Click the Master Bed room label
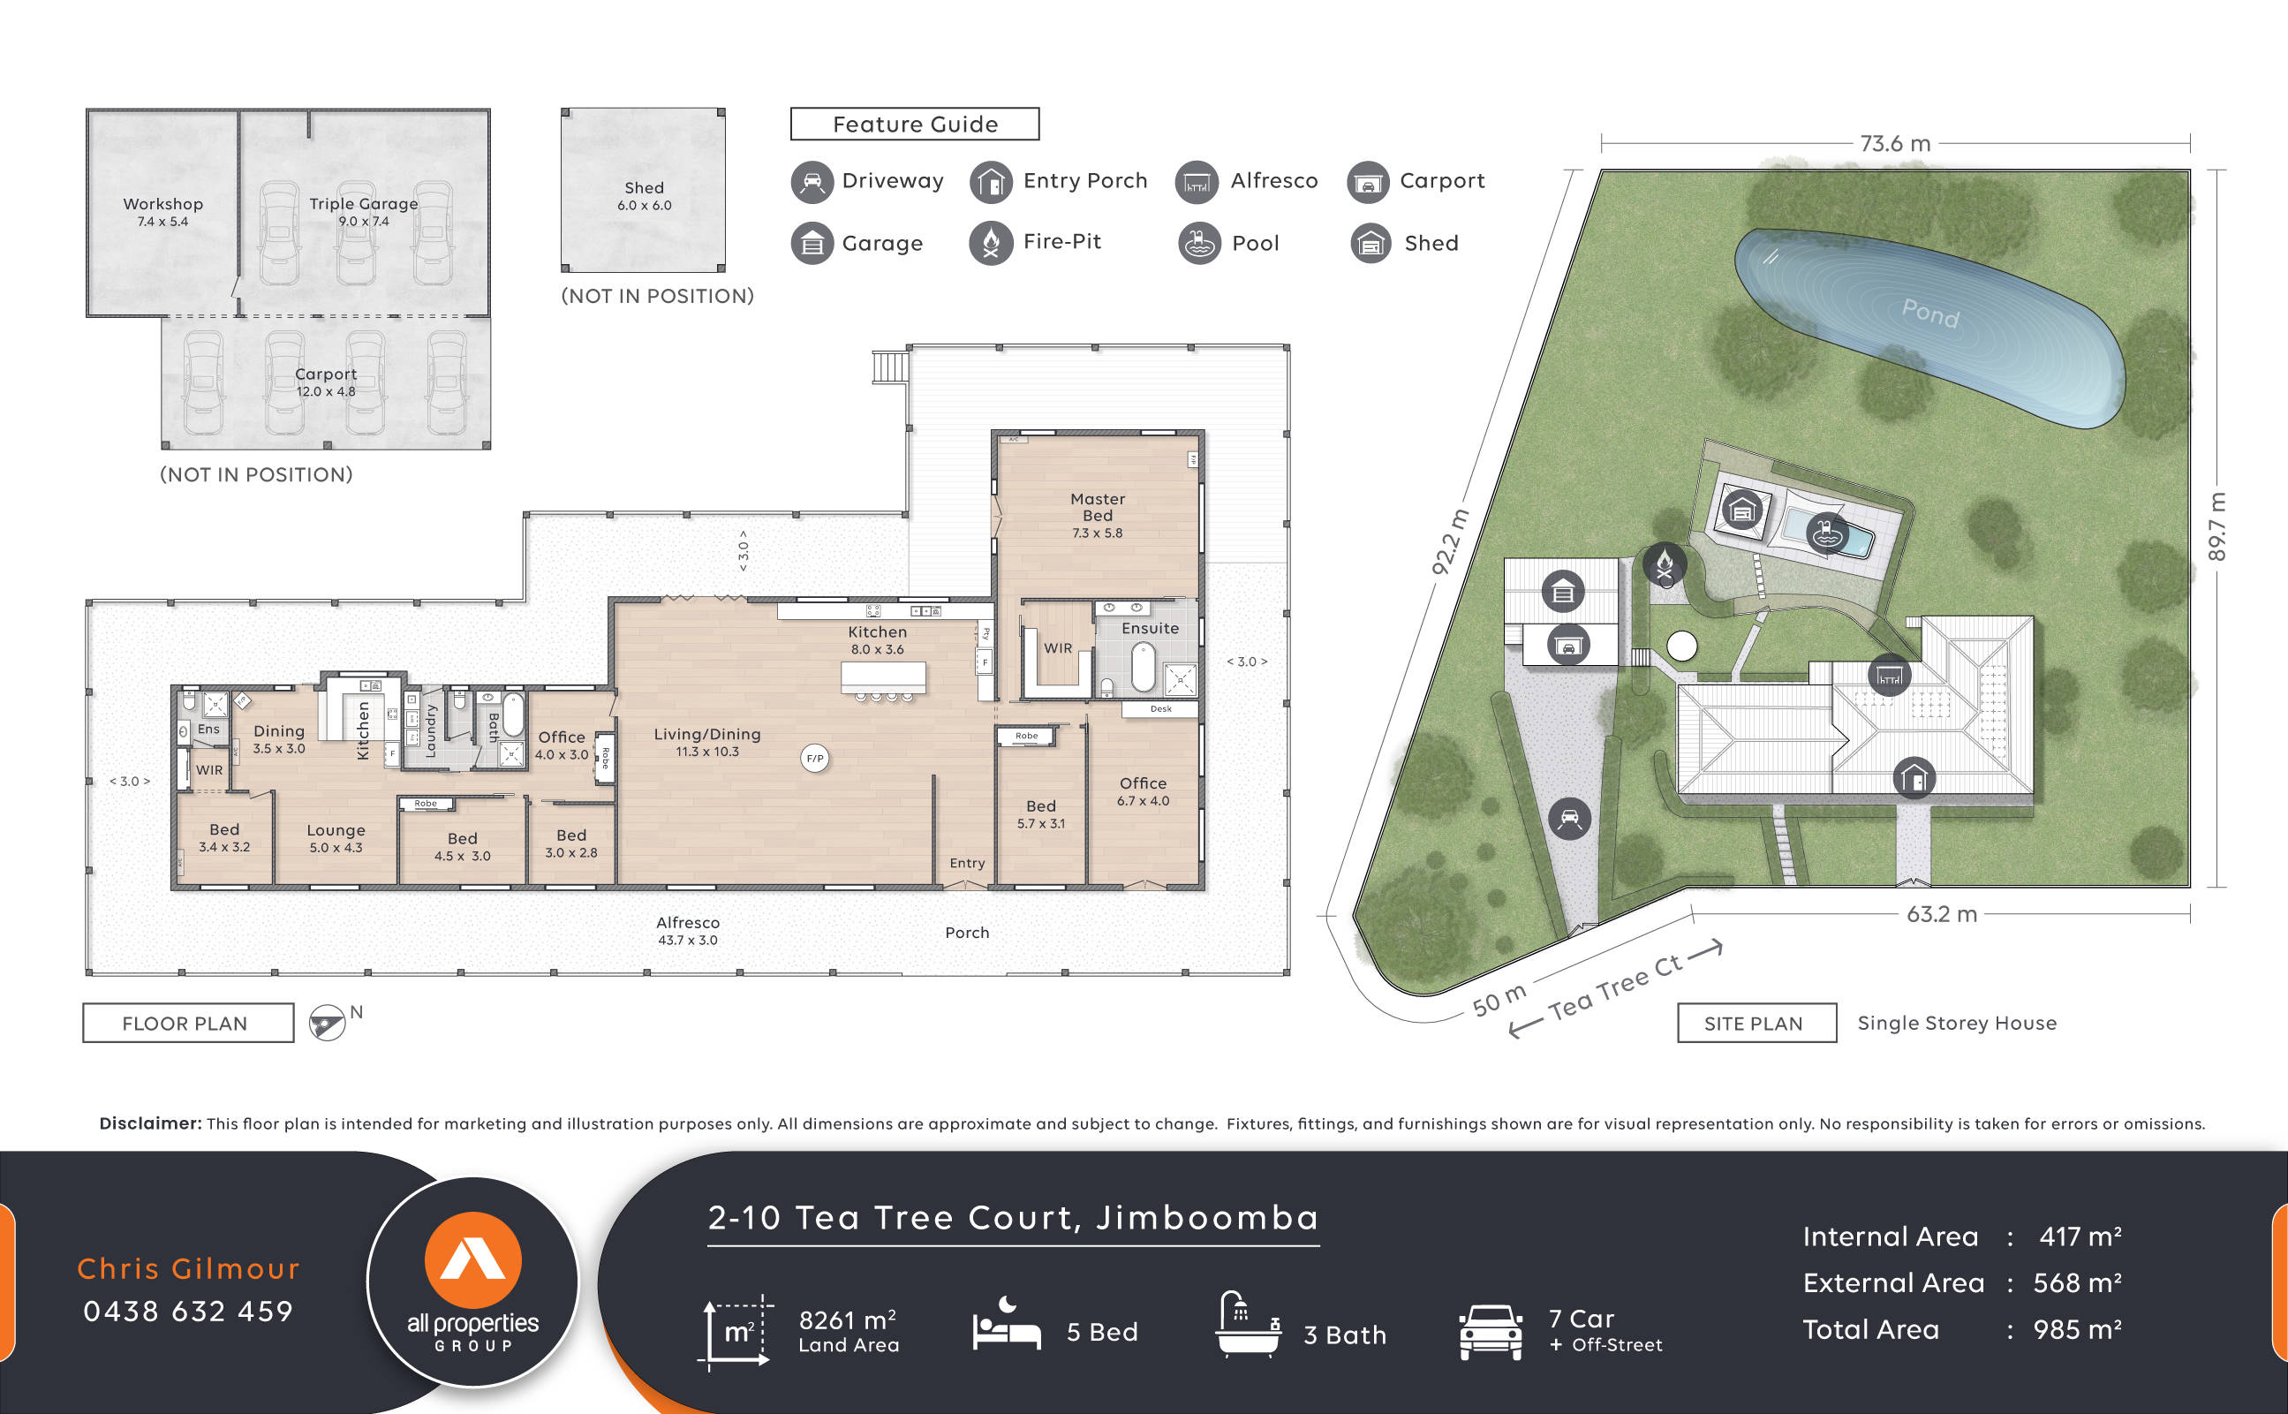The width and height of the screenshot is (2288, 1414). point(1097,507)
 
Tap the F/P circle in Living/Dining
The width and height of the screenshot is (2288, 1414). point(814,759)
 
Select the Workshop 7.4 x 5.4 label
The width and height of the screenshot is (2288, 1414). point(162,211)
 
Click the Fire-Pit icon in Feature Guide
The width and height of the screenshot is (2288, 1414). point(991,243)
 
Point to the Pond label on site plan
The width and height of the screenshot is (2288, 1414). point(1929,313)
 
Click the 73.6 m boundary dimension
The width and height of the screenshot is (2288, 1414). point(1894,143)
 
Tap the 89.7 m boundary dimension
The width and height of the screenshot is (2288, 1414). point(2216,526)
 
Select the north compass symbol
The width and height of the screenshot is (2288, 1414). point(328,1022)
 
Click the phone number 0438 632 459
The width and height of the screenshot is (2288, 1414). point(188,1312)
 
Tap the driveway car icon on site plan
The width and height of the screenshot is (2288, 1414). point(1569,820)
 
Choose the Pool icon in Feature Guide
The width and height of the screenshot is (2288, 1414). point(1198,243)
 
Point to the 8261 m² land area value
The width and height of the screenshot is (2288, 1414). point(846,1319)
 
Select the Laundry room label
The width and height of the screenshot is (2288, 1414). point(431,730)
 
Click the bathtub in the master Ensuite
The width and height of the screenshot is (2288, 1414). point(1143,668)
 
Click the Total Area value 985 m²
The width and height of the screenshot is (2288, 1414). point(2076,1329)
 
